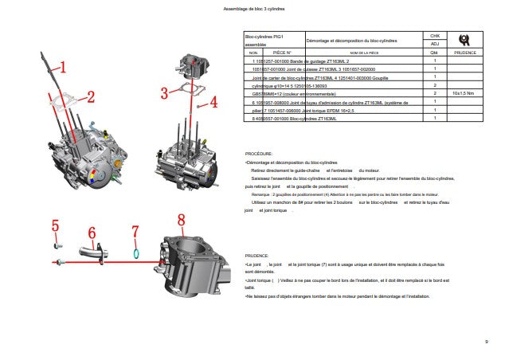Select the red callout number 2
pos(91,97)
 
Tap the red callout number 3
pos(165,93)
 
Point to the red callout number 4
pos(213,103)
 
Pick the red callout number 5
pos(56,225)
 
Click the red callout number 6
pos(92,233)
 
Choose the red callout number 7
pos(135,231)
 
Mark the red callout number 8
pos(181,220)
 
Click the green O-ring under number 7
pos(137,255)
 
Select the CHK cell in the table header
pos(435,37)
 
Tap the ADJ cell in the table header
pos(435,44)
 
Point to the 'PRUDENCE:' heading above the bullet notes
pos(257,256)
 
